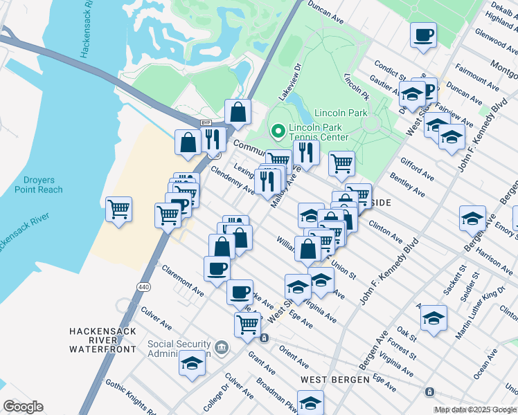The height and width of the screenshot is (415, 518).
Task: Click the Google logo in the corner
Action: (24, 407)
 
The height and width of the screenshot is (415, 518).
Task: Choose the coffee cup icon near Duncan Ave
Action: (423, 34)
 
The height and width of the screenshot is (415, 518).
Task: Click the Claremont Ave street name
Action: (182, 281)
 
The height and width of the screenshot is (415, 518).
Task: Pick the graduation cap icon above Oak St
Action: (434, 317)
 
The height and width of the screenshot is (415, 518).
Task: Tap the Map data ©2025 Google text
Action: (475, 409)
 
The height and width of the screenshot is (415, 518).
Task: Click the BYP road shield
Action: (206, 123)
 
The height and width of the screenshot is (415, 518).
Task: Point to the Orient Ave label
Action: (294, 358)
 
